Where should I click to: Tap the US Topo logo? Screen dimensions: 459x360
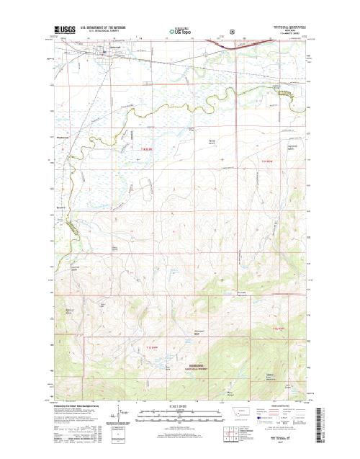click(181, 32)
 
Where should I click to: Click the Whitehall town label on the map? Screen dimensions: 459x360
click(102, 51)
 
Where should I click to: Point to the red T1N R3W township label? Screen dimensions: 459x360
click(269, 162)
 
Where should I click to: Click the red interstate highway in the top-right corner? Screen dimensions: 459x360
click(277, 43)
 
